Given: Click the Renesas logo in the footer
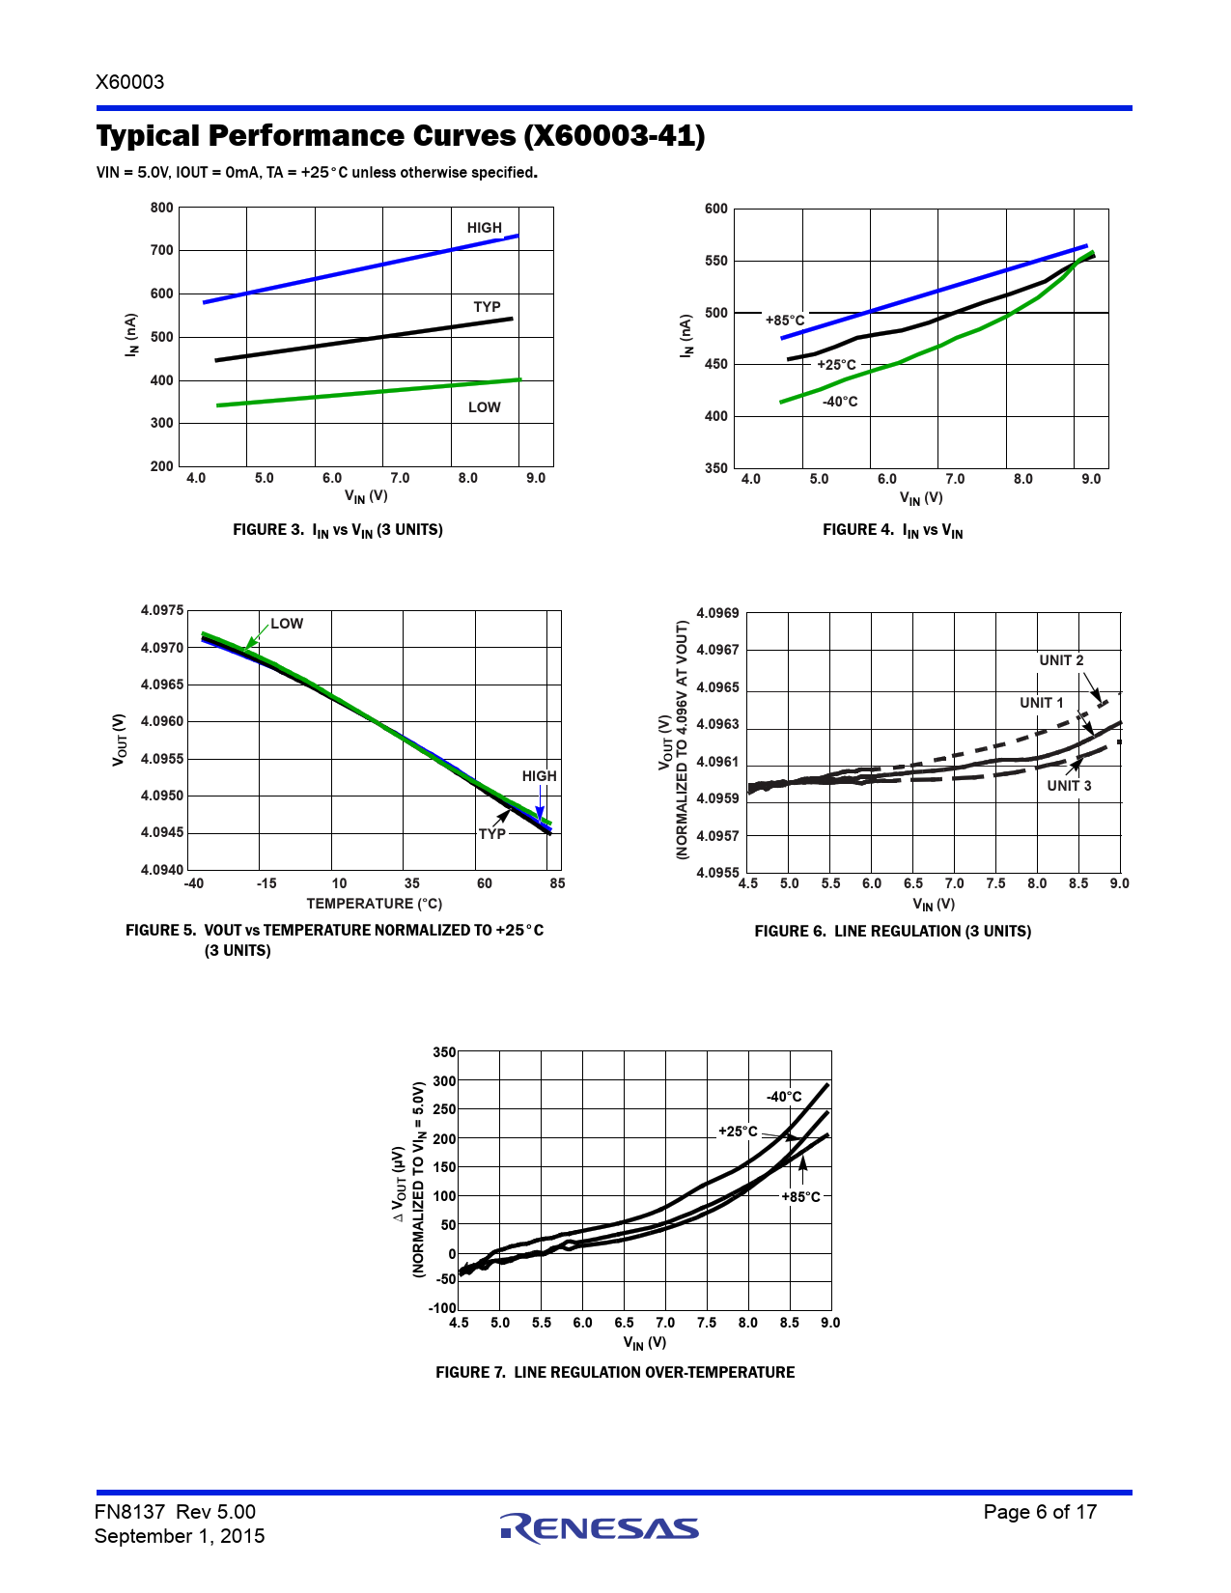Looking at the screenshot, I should tap(600, 1527).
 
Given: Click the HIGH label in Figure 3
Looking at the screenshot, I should tap(484, 228).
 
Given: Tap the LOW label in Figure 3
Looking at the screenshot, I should tap(484, 407).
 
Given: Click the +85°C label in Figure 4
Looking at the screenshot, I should tap(784, 321).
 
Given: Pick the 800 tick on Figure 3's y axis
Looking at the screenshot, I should tap(162, 208).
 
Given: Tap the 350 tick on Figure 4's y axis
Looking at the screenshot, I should tap(716, 468).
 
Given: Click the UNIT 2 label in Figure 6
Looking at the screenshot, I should tap(1061, 660).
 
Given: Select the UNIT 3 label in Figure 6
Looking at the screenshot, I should tap(1069, 786).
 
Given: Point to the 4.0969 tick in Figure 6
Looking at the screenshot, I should tap(717, 613).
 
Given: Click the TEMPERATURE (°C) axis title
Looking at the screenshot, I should tap(374, 904).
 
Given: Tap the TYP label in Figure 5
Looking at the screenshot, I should tap(491, 834).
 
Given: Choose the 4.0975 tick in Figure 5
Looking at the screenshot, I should tap(162, 610).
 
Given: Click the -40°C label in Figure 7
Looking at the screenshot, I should tap(784, 1097).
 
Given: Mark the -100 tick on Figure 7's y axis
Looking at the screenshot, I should tap(442, 1308).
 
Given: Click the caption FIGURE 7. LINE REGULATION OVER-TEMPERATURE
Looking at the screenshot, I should tap(615, 1372).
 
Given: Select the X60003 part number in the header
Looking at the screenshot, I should tap(130, 82).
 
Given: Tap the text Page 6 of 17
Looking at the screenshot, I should tap(1040, 1512).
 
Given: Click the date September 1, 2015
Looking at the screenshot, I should tap(180, 1536).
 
